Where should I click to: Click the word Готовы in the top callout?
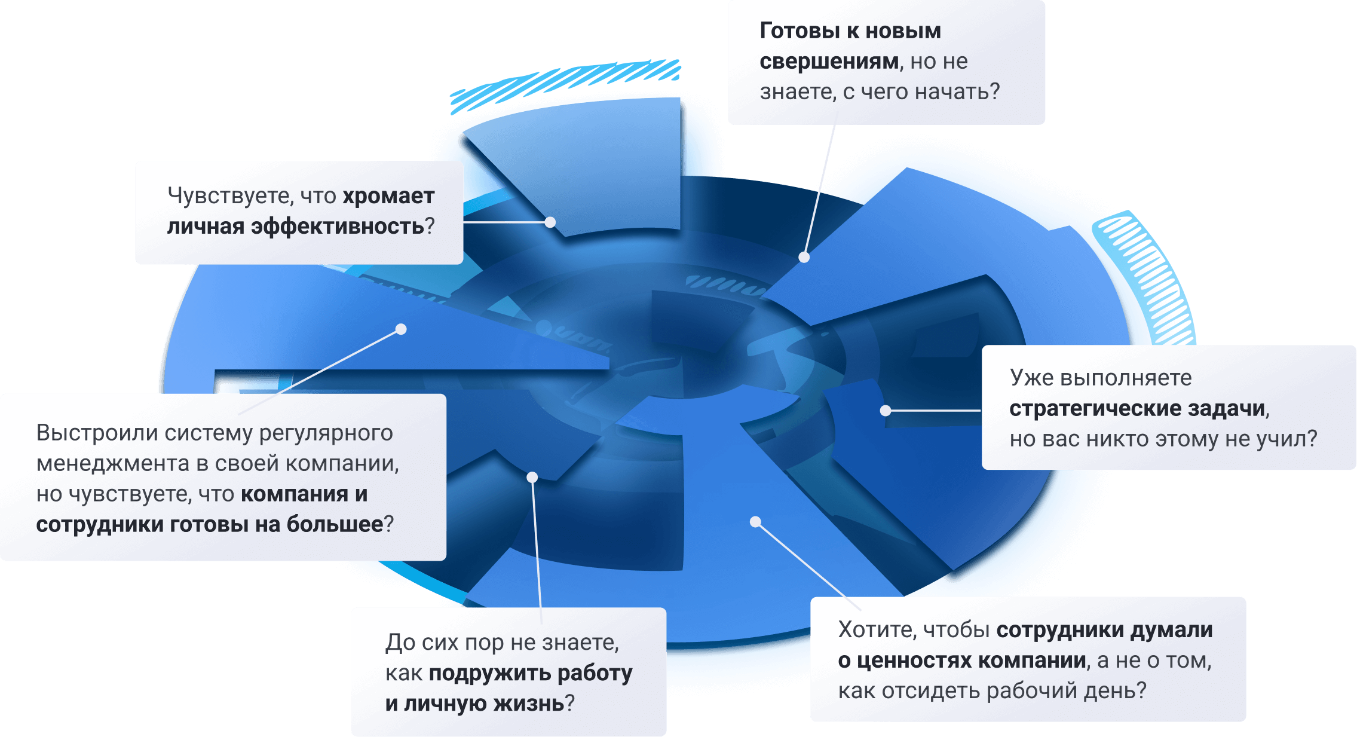800,31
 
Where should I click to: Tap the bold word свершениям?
829,62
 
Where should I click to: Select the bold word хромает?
388,196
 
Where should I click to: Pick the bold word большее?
335,524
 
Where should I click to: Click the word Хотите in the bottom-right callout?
877,630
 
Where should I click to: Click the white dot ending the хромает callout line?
550,222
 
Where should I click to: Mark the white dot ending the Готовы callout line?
804,258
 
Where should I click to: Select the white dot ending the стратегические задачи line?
886,411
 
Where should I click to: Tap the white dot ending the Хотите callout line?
755,522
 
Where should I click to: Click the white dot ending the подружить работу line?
532,477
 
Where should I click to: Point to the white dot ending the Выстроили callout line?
402,329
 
